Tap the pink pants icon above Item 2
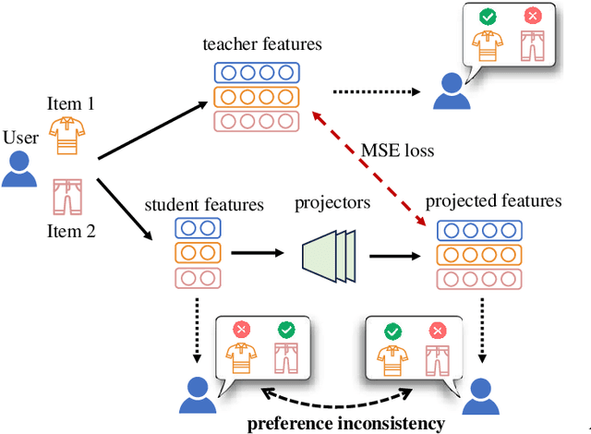pyautogui.click(x=65, y=196)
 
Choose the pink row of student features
pyautogui.click(x=199, y=277)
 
